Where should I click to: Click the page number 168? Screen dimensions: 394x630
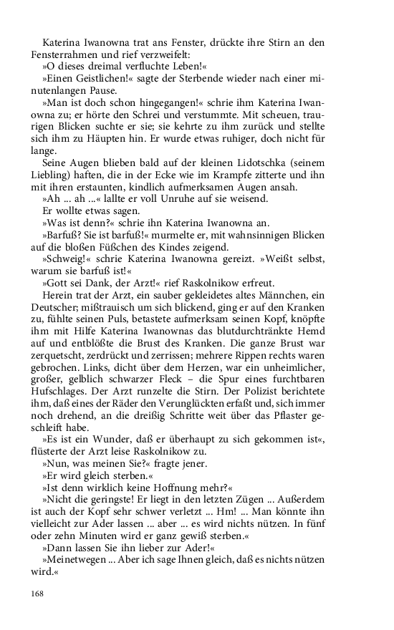click(39, 593)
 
